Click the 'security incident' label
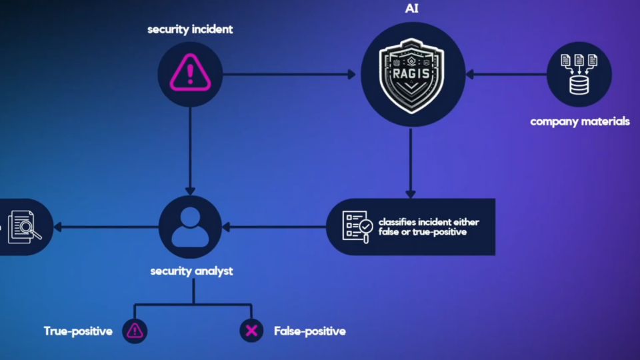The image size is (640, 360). tap(190, 29)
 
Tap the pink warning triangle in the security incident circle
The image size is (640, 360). tap(190, 73)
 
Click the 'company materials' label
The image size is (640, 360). tap(579, 121)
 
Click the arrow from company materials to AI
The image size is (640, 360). tap(507, 74)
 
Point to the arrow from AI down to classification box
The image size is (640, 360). tap(411, 163)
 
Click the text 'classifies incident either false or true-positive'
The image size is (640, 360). tap(428, 227)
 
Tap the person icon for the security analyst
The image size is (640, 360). tap(190, 227)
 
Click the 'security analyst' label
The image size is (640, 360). tap(192, 271)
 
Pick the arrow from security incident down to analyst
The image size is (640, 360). tap(190, 150)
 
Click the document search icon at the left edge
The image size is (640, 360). tap(23, 227)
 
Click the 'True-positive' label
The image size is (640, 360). tap(78, 331)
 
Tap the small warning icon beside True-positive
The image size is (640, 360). tap(135, 330)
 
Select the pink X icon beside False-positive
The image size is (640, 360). tap(251, 330)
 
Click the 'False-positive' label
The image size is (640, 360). tap(309, 331)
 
